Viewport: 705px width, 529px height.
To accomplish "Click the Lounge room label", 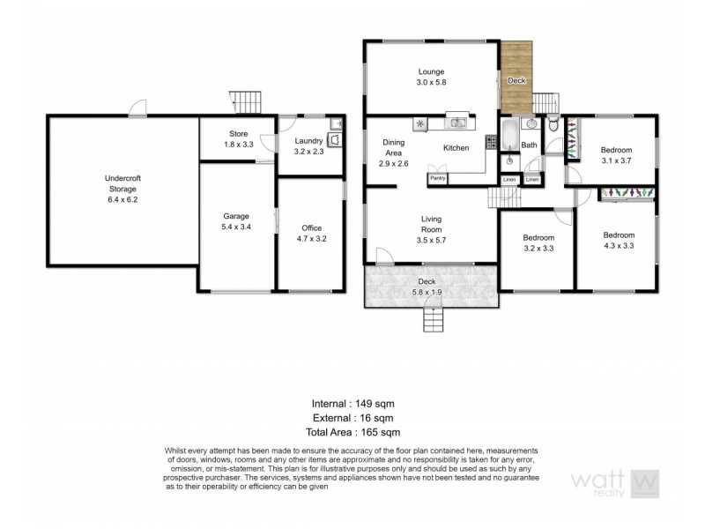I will click(431, 72).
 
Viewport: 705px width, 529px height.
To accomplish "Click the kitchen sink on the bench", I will click(457, 123).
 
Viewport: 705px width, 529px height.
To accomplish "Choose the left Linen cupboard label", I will click(509, 181).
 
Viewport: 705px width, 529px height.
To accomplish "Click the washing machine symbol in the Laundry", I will click(335, 139).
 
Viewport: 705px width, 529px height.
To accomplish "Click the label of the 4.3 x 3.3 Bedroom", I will click(618, 235).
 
